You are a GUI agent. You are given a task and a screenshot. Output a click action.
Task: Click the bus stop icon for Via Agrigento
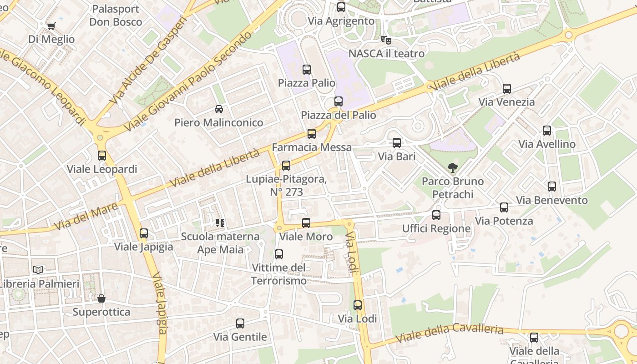pos(341,7)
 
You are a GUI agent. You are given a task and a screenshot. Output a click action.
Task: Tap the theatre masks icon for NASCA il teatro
pos(386,40)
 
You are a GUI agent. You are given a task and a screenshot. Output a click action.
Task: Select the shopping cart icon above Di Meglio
pos(51,26)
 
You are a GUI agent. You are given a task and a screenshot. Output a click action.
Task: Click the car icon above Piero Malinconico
pos(218,109)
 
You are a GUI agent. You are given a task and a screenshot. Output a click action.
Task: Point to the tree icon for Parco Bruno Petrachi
pos(452,168)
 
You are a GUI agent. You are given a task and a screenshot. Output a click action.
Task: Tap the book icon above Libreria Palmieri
pos(38,270)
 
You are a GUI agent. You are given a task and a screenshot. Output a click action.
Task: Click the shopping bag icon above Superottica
pos(101,298)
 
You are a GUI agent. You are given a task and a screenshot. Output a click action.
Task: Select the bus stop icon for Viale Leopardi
pos(101,156)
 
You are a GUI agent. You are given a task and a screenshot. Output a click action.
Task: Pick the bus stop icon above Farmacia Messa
pos(311,134)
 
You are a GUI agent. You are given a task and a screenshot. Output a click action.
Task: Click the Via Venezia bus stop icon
pos(506,89)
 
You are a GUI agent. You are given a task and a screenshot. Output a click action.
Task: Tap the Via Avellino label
pos(547,144)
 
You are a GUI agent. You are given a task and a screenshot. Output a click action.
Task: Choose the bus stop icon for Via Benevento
pos(551,187)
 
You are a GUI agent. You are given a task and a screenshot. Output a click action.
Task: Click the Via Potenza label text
pos(504,221)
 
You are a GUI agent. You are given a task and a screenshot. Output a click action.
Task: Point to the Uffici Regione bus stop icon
pos(436,215)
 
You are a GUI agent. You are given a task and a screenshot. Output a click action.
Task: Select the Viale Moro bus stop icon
pos(306,223)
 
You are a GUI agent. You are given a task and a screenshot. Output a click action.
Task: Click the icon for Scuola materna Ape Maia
pos(220,223)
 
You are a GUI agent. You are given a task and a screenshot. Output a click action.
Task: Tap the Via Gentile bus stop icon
pos(240,324)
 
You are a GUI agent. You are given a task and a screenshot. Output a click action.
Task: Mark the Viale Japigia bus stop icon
pos(143,233)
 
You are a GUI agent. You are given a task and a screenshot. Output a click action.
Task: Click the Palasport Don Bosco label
pos(115,15)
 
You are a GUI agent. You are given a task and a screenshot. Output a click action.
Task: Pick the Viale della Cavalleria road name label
pos(449,333)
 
